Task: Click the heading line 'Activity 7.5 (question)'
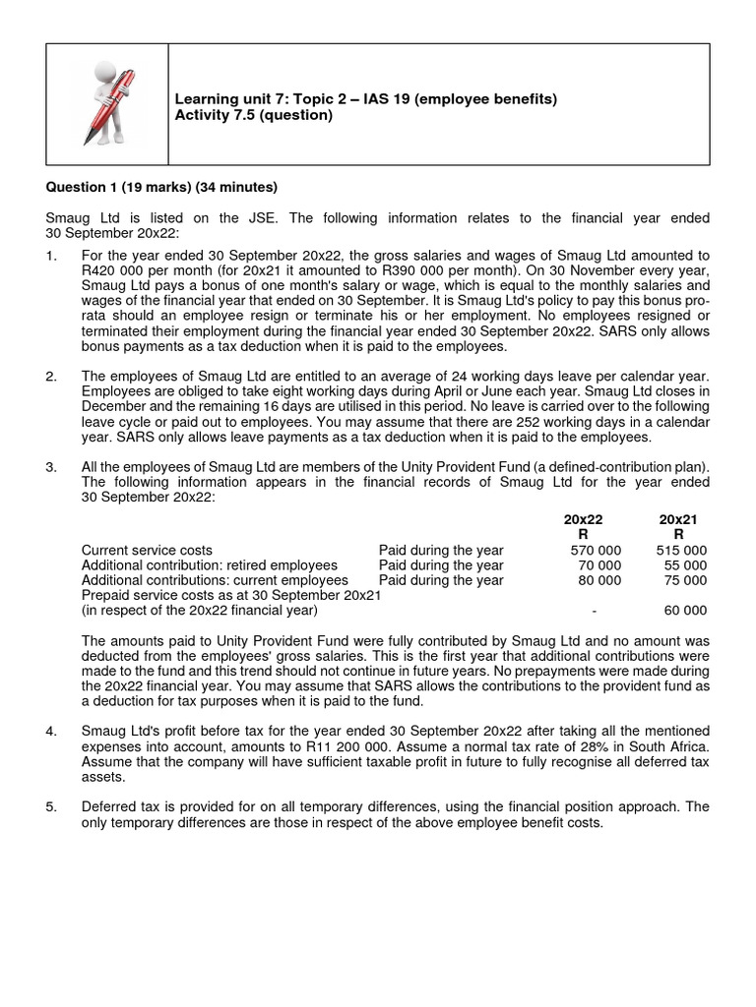(x=253, y=115)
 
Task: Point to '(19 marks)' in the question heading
(x=150, y=187)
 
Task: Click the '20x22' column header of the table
(x=583, y=518)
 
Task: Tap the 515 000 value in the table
(x=681, y=550)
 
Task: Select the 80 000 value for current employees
(x=599, y=580)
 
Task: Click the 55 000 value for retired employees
(x=685, y=565)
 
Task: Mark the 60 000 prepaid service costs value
(x=685, y=611)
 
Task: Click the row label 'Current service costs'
(x=147, y=550)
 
